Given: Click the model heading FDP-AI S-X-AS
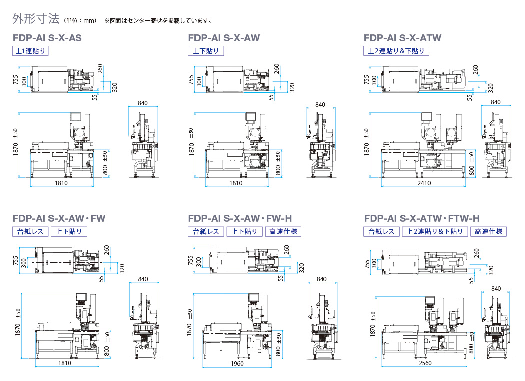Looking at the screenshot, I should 47,38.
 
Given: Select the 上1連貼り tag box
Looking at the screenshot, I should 30,51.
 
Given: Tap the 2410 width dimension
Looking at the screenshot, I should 424,183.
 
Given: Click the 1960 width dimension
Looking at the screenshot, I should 237,363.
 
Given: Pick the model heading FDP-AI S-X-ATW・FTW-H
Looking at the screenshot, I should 422,218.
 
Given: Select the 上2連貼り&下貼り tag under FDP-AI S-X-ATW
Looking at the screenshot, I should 396,51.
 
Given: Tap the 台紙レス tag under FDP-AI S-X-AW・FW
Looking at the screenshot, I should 30,232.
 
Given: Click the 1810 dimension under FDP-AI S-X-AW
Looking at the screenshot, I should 236,183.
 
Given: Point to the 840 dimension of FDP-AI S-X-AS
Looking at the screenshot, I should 143,103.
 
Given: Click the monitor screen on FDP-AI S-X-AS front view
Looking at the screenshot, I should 75,117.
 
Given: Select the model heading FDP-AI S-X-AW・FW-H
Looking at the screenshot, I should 240,218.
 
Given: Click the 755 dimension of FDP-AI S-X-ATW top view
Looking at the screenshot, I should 367,80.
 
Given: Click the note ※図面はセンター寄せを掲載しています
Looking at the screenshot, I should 158,21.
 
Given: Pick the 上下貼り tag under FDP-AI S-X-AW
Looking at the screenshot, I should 206,51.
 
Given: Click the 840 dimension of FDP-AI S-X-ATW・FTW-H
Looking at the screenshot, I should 496,288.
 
